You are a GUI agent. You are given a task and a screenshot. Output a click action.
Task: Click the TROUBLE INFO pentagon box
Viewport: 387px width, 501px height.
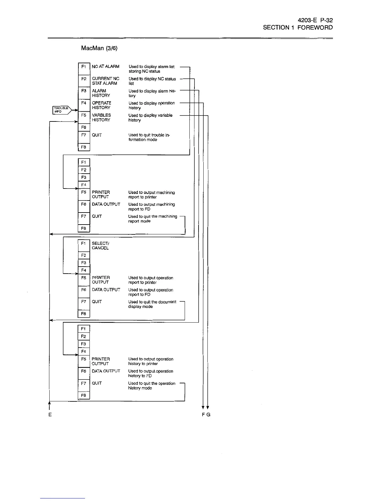tap(62, 110)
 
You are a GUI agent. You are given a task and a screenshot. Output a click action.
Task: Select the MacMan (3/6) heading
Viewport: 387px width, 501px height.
tap(99, 48)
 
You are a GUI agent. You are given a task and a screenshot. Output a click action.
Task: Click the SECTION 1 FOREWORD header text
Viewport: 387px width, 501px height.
tap(298, 28)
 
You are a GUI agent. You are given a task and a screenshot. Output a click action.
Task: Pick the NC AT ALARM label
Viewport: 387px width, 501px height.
tap(106, 67)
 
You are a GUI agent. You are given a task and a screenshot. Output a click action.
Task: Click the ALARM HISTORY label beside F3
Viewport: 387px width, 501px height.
tap(101, 93)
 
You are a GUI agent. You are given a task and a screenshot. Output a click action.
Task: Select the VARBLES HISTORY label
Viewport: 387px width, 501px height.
tap(101, 118)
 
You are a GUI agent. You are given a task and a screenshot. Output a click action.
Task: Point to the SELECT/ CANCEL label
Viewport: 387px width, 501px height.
tap(100, 246)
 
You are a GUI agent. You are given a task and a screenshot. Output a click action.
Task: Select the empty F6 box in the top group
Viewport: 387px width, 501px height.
tap(84, 127)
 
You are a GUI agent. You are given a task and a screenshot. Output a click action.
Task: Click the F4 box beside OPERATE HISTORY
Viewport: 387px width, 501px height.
tap(84, 103)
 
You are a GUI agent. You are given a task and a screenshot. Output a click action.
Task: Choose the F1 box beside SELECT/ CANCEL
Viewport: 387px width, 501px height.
tap(84, 244)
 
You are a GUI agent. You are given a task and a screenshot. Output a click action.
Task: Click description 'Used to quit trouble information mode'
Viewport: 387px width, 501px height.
tap(149, 137)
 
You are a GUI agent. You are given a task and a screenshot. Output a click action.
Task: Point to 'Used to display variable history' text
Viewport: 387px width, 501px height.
tap(150, 118)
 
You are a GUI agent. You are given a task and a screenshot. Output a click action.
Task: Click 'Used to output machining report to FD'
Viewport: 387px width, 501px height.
tap(151, 207)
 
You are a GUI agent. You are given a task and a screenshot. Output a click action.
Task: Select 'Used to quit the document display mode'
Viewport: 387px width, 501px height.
tap(152, 304)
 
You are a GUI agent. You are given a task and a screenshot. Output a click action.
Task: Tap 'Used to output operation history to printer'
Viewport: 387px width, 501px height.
tap(150, 362)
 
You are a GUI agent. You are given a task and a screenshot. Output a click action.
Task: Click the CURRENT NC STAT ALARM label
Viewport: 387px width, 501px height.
tap(106, 81)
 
